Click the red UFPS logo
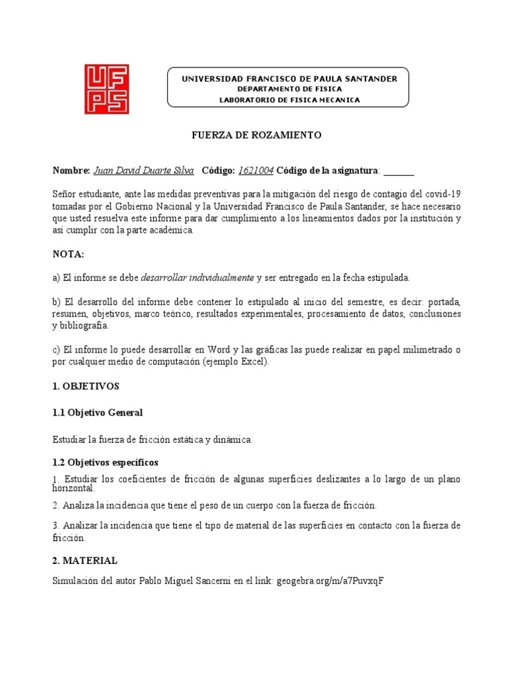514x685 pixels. click(x=106, y=89)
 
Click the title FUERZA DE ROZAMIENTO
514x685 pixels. click(x=257, y=135)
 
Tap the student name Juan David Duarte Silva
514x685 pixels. click(x=144, y=171)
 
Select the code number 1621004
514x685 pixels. click(x=256, y=171)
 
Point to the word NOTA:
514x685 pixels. click(x=69, y=254)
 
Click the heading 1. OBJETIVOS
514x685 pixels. click(x=86, y=386)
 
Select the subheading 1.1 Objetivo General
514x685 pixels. click(x=97, y=413)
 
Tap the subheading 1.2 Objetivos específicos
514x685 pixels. click(x=105, y=462)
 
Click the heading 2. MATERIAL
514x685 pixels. click(x=85, y=560)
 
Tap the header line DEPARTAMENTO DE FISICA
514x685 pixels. click(x=290, y=89)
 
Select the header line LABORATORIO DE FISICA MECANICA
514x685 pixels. click(x=290, y=100)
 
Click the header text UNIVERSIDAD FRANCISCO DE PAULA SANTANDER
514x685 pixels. click(x=290, y=79)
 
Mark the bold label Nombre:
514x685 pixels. click(x=71, y=171)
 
